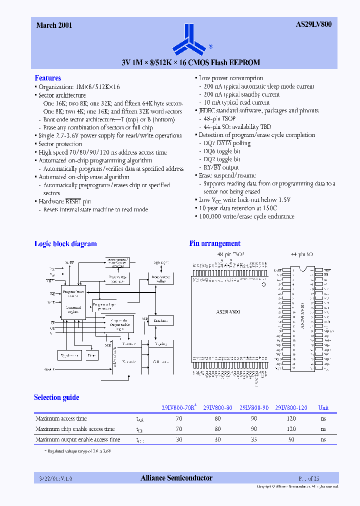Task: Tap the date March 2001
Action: [54, 25]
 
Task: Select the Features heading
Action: [47, 78]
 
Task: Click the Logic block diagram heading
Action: [65, 244]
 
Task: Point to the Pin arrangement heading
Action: [214, 244]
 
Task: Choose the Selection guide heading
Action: [56, 397]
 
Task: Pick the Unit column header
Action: [323, 407]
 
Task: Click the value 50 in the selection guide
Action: [291, 439]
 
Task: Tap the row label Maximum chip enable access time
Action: [75, 429]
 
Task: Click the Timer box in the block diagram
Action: [91, 355]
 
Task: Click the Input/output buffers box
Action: [161, 279]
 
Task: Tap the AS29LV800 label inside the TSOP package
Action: [227, 311]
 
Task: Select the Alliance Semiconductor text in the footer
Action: [176, 478]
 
